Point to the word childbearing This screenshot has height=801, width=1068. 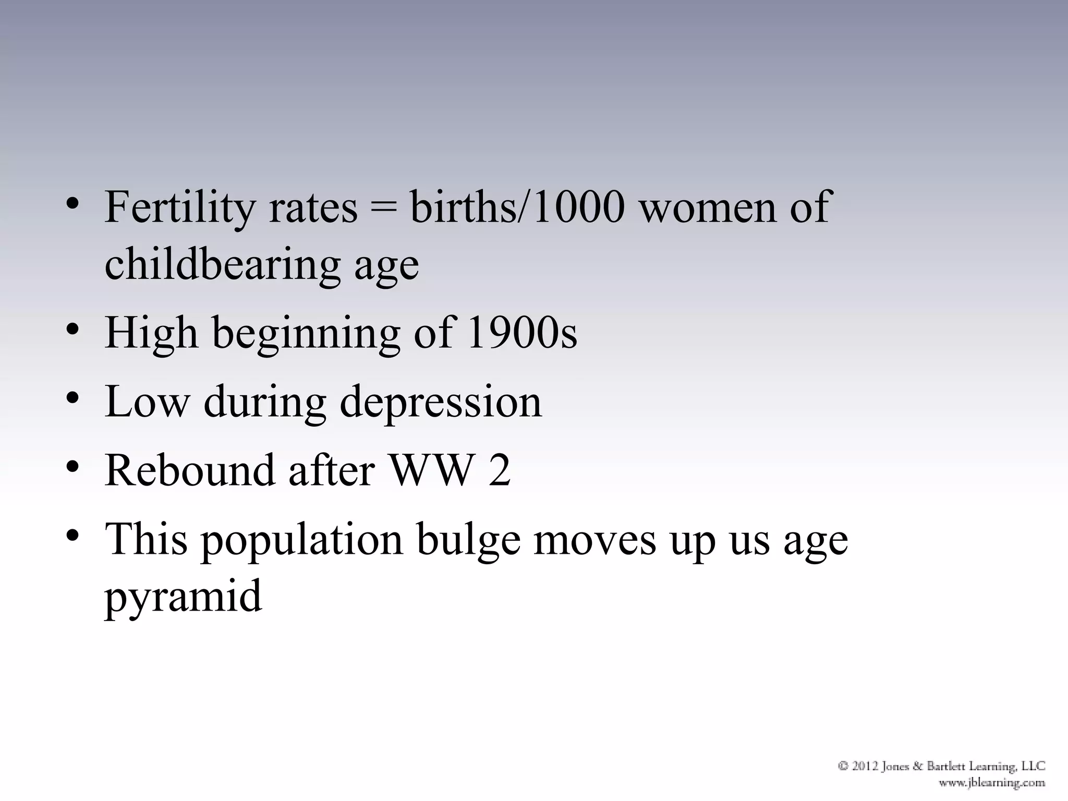coord(222,265)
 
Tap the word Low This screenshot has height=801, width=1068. coord(147,402)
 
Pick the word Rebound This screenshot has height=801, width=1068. coord(189,470)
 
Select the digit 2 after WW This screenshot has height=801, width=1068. coord(499,470)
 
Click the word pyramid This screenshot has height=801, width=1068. coord(183,598)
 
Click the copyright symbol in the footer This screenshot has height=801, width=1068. coord(843,766)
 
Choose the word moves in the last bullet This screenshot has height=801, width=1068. coord(594,540)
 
